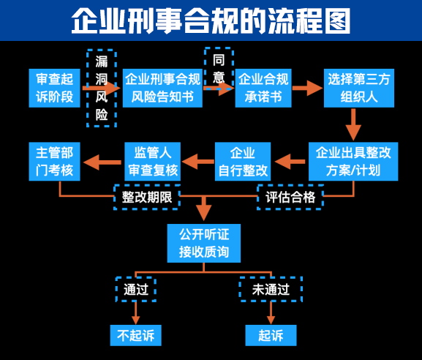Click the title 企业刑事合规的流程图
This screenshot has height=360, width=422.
tap(211, 20)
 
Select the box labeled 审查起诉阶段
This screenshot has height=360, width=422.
tap(54, 88)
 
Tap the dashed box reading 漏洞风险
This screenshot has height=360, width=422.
tap(102, 88)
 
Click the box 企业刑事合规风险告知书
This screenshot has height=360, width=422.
tap(162, 88)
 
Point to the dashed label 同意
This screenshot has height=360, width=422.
tap(219, 69)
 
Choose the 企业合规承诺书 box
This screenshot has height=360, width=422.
tap(263, 88)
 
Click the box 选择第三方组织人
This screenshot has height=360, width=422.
tap(359, 88)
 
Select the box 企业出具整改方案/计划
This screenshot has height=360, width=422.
tap(353, 161)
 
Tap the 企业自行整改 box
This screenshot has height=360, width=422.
tap(243, 161)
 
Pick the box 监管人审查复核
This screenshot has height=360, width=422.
tap(153, 161)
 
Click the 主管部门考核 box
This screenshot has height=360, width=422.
tap(54, 161)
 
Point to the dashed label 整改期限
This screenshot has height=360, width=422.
tap(147, 197)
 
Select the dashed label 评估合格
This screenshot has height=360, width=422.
tap(290, 197)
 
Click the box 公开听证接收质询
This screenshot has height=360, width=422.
tap(204, 243)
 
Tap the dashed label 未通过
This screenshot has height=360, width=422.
tap(271, 290)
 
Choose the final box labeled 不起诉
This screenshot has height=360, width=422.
tap(135, 335)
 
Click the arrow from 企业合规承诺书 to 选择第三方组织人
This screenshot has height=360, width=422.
tap(307, 88)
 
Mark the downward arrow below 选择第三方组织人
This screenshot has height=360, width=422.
tap(353, 124)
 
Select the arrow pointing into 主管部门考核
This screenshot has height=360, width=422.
tap(102, 162)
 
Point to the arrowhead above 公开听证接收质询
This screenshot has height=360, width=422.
tap(204, 213)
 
